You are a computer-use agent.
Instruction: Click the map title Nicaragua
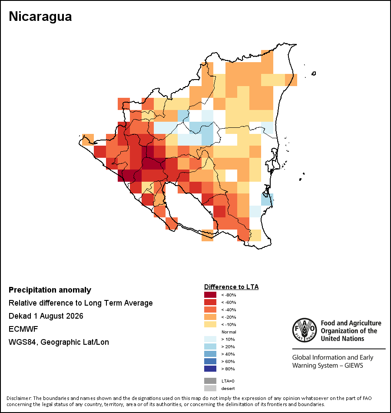pyautogui.click(x=40, y=17)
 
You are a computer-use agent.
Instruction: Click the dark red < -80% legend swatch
pyautogui.click(x=210, y=295)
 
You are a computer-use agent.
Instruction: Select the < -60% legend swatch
pyautogui.click(x=210, y=302)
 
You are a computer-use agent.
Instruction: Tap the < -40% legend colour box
pyautogui.click(x=210, y=310)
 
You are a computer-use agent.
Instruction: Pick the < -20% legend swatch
pyautogui.click(x=210, y=317)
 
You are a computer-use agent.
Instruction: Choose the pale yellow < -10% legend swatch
pyautogui.click(x=210, y=324)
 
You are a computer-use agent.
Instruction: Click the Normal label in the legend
pyautogui.click(x=229, y=332)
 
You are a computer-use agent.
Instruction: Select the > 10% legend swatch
pyautogui.click(x=210, y=339)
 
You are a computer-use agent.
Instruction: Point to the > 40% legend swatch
pyautogui.click(x=210, y=354)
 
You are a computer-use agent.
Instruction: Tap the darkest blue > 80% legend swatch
pyautogui.click(x=210, y=369)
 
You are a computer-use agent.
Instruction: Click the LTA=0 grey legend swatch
pyautogui.click(x=210, y=381)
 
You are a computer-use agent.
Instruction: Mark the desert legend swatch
pyautogui.click(x=210, y=388)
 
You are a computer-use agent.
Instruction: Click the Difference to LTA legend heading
pyautogui.click(x=231, y=287)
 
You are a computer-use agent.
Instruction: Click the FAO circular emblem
pyautogui.click(x=305, y=330)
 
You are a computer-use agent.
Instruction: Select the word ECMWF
pyautogui.click(x=23, y=329)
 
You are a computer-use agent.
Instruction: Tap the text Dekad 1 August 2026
pyautogui.click(x=46, y=316)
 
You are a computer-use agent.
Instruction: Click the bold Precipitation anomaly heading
pyautogui.click(x=50, y=290)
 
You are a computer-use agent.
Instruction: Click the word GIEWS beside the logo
pyautogui.click(x=354, y=366)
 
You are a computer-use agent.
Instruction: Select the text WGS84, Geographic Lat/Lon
pyautogui.click(x=59, y=342)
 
